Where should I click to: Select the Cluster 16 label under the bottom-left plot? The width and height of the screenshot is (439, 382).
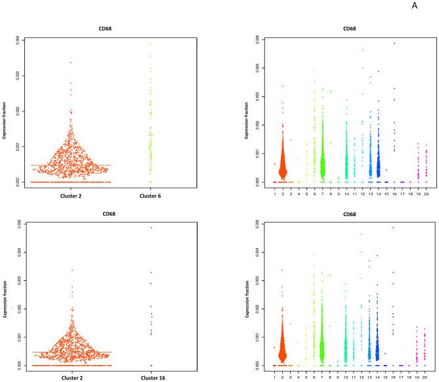click(150, 377)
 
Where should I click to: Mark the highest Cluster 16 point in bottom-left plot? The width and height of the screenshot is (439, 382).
click(150, 228)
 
